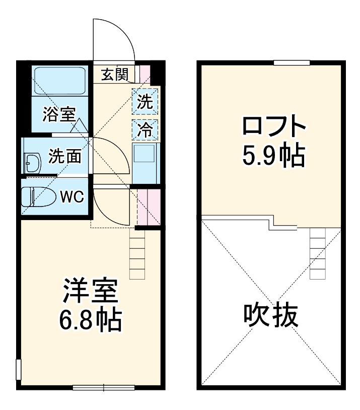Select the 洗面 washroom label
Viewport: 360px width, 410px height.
click(65, 157)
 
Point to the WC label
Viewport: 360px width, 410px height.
click(71, 196)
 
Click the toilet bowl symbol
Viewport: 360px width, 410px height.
click(40, 196)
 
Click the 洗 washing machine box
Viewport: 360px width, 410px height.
click(145, 102)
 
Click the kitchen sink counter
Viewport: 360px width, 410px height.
click(145, 162)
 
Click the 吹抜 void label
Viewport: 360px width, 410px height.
click(271, 316)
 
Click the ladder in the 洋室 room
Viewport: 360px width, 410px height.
click(137, 254)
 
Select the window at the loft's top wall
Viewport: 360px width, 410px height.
click(292, 62)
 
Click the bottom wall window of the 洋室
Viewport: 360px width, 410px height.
click(103, 387)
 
